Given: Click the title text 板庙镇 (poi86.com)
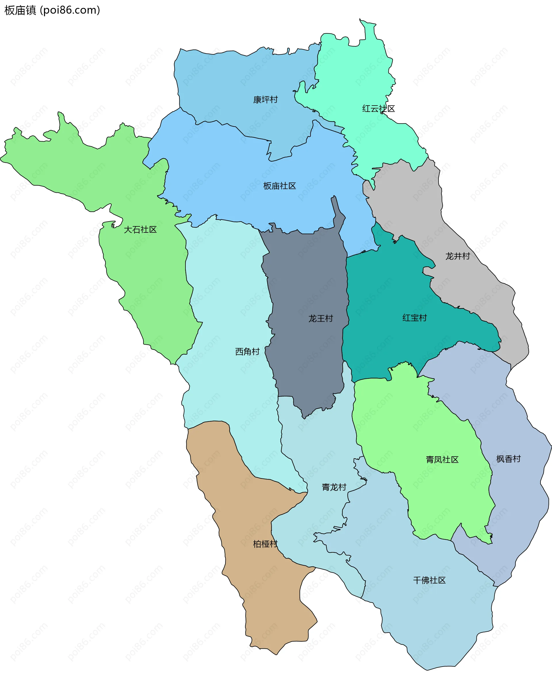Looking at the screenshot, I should [x=52, y=10].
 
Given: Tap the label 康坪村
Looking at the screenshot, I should [x=265, y=100].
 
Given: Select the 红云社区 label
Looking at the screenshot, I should [x=379, y=109].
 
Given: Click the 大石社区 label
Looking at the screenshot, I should [x=140, y=230].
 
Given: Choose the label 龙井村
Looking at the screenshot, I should [x=458, y=256].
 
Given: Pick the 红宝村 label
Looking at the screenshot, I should [x=415, y=318].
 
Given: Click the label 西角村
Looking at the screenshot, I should [x=248, y=352].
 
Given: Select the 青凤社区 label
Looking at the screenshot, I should [x=442, y=459].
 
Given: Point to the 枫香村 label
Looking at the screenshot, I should [x=509, y=459].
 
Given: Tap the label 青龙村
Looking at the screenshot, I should [x=334, y=487].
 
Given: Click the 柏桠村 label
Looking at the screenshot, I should [x=265, y=544].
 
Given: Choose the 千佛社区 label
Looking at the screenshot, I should [x=429, y=580].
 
